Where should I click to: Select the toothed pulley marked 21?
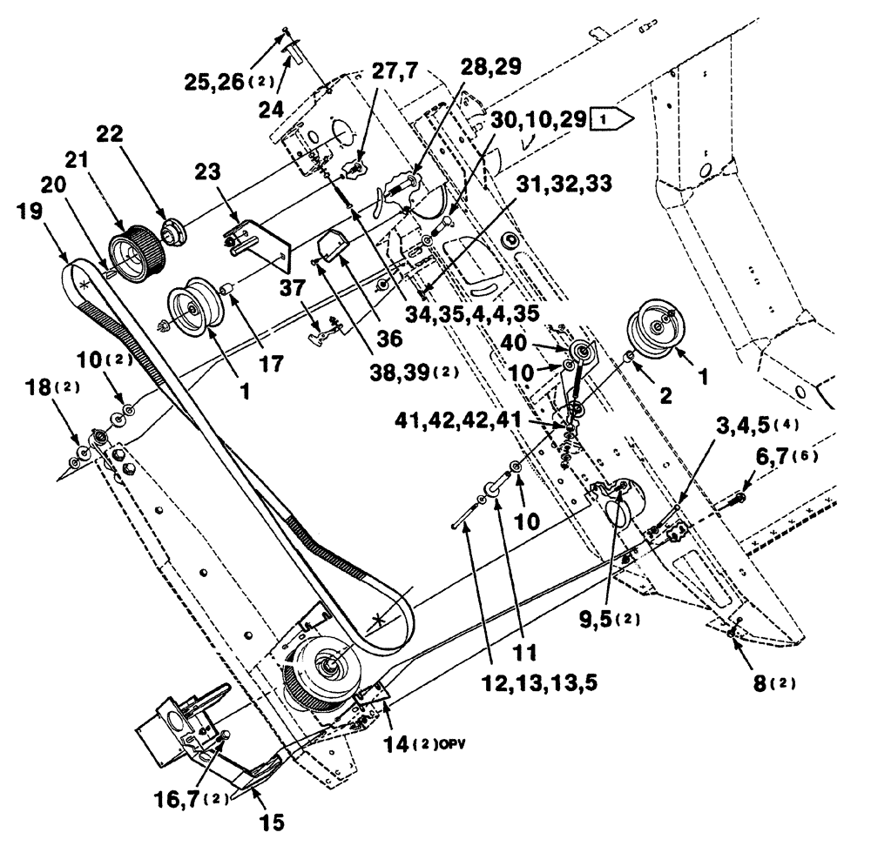[136, 252]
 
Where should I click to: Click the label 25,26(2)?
[229, 84]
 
